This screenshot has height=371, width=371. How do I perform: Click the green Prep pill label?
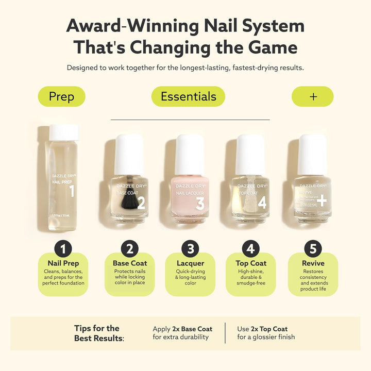tap(61, 96)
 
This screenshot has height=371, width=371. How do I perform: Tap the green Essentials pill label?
tap(188, 96)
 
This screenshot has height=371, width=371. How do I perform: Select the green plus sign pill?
tap(313, 96)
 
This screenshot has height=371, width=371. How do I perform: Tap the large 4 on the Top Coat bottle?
tap(262, 202)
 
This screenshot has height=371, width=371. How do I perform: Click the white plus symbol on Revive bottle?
tap(322, 200)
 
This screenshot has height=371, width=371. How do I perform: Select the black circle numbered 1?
tap(63, 249)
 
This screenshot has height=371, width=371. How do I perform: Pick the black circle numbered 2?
tap(130, 249)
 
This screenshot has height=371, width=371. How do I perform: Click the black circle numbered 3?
tap(190, 249)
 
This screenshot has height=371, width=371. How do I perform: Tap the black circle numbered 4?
tap(251, 249)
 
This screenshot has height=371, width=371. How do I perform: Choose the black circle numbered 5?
tap(313, 249)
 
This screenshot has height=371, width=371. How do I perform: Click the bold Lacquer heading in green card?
tap(190, 263)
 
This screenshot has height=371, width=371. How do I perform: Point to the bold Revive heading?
tap(313, 263)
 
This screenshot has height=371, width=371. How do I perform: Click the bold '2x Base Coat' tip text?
tap(194, 329)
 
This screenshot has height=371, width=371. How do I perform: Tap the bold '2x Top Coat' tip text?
tap(269, 329)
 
